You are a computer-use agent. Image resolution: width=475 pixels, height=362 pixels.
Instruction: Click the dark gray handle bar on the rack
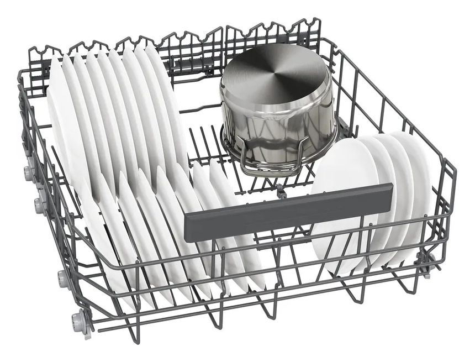click(287, 204)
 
